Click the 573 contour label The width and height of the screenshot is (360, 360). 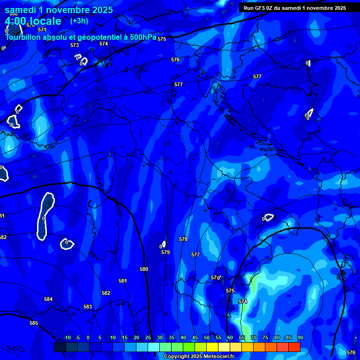75,45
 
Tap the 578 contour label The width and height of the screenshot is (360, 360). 183,240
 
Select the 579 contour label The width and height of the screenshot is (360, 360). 165,253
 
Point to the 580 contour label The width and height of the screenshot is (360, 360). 144,270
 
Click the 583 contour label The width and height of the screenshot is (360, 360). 88,307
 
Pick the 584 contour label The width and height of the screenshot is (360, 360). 48,300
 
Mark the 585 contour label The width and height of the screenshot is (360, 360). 34,323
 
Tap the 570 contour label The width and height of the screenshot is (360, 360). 215,278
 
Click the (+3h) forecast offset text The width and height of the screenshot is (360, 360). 79,21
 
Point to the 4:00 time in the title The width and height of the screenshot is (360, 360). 17,21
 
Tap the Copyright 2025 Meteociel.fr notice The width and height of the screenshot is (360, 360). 199,357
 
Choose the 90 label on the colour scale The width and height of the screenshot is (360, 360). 300,338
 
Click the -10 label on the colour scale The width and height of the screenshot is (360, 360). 67,338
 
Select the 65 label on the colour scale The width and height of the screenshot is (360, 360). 242,338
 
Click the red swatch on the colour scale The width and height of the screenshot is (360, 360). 294,347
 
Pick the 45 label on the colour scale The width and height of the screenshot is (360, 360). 195,338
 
